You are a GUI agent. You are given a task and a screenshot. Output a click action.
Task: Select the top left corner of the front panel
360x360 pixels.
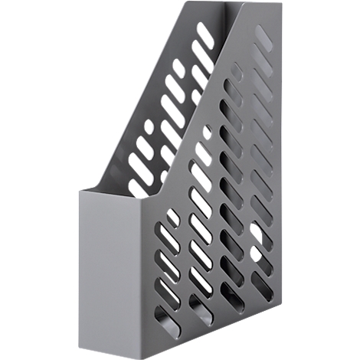(80, 187)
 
